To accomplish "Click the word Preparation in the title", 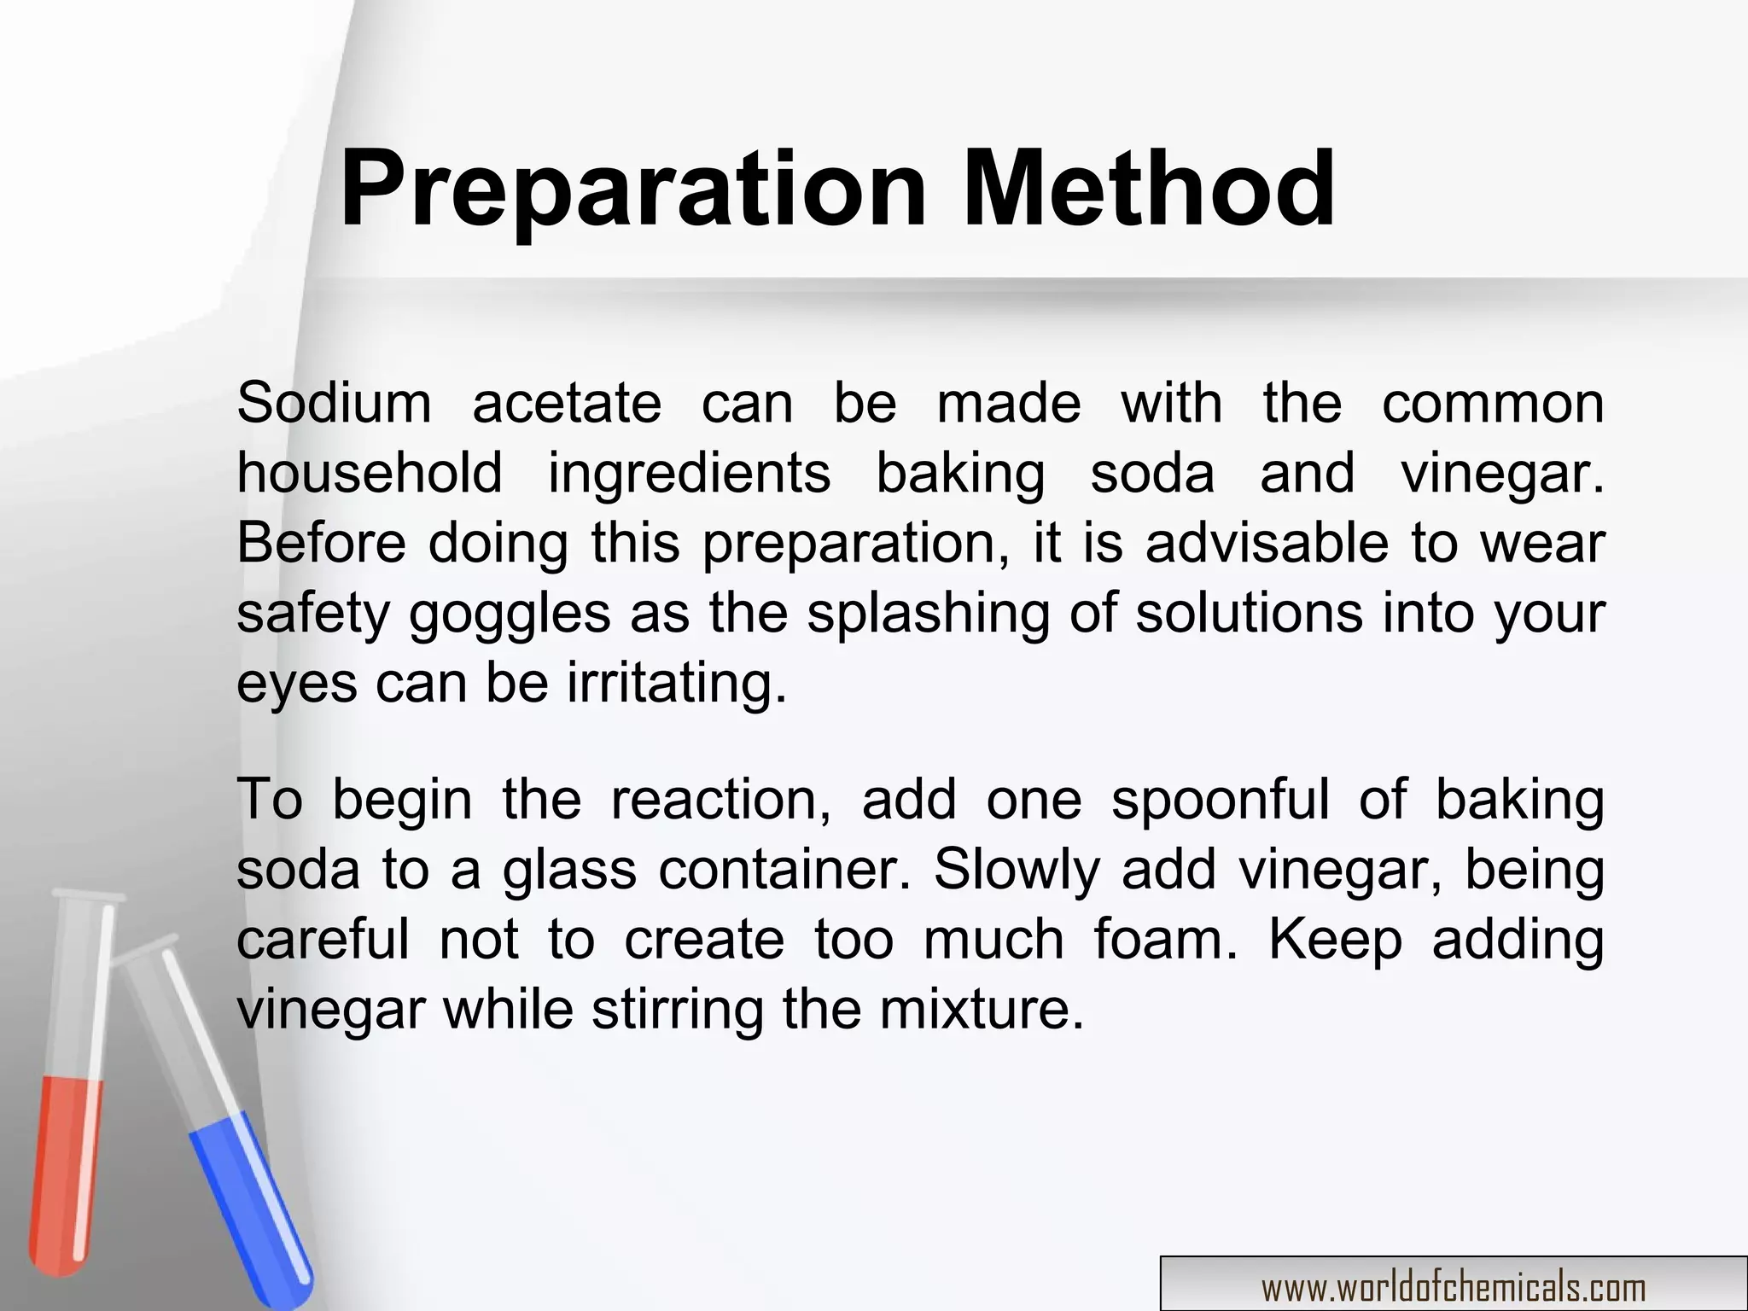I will (632, 191).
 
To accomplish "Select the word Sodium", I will (334, 403).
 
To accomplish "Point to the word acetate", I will (567, 405).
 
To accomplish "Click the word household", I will (370, 474).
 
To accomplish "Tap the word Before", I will (321, 543).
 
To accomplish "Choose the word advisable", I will (1267, 543).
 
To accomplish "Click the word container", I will (784, 871).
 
